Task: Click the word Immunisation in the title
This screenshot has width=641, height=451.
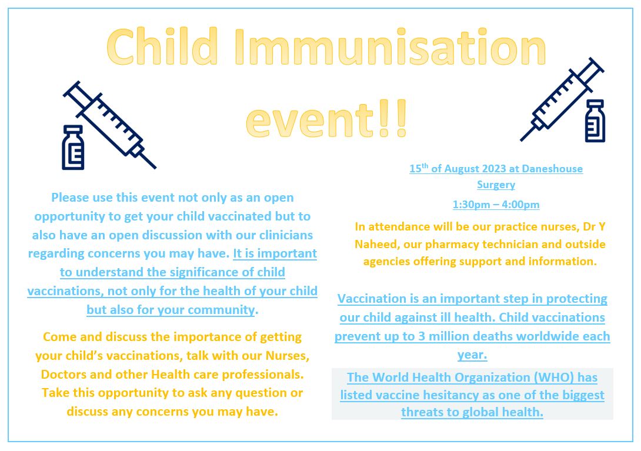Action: point(390,46)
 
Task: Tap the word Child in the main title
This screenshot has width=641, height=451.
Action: point(162,46)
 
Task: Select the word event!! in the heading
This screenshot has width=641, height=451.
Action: point(326,119)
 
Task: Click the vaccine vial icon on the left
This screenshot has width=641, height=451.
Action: point(73,148)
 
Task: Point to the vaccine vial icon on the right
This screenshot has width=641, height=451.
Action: point(595,121)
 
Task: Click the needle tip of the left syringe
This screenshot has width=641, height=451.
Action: point(155,168)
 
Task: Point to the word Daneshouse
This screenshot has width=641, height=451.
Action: point(552,169)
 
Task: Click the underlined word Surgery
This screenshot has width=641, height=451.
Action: point(496,185)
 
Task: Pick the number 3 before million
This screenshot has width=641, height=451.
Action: point(422,336)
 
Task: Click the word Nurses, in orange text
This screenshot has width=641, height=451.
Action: point(288,356)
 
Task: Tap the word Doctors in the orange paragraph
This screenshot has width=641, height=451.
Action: point(61,375)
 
